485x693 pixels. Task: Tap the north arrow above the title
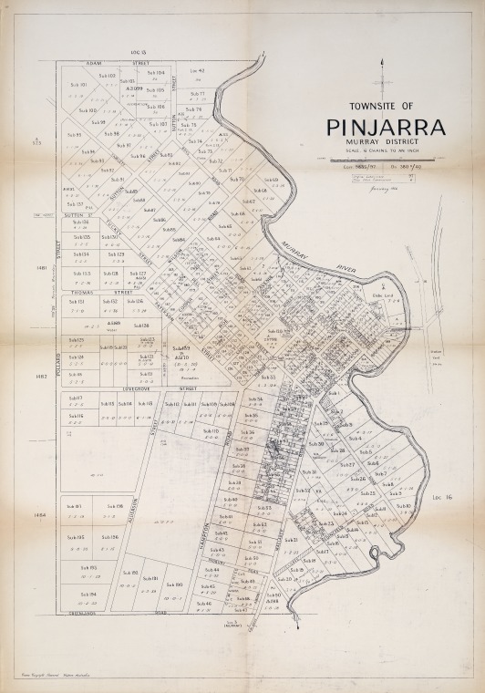click(385, 77)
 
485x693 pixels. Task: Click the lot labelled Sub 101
click(77, 85)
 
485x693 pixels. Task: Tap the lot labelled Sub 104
click(155, 72)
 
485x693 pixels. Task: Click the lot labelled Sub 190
click(175, 584)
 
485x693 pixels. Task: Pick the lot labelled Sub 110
click(210, 430)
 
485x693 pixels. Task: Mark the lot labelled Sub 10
click(404, 506)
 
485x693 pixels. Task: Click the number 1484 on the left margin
click(39, 515)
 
